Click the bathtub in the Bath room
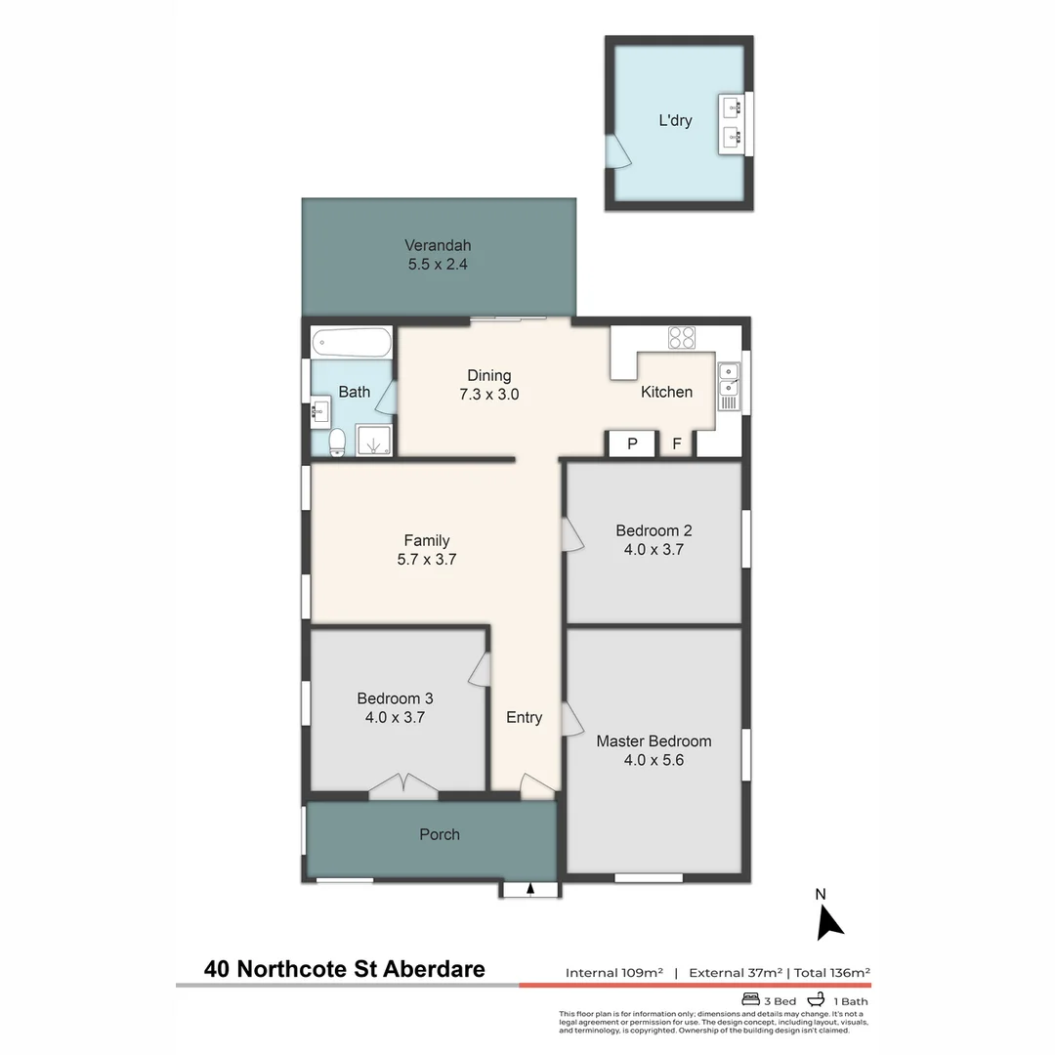pyautogui.click(x=352, y=343)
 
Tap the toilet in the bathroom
pyautogui.click(x=337, y=443)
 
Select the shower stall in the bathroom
pyautogui.click(x=374, y=441)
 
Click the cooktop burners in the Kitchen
pyautogui.click(x=682, y=338)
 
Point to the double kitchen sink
pyautogui.click(x=729, y=382)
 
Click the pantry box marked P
pyautogui.click(x=631, y=444)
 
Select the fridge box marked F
pyautogui.click(x=677, y=444)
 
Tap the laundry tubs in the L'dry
pyautogui.click(x=732, y=123)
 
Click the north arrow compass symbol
pyautogui.click(x=828, y=918)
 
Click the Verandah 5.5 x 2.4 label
pyautogui.click(x=438, y=254)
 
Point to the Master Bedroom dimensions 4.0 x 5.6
pyautogui.click(x=654, y=759)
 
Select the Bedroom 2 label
pyautogui.click(x=654, y=530)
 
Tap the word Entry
pyautogui.click(x=524, y=718)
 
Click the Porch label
pyautogui.click(x=439, y=834)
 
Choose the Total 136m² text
pyautogui.click(x=831, y=972)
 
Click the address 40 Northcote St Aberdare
pyautogui.click(x=344, y=970)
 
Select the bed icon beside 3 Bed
pyautogui.click(x=750, y=999)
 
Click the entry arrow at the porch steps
pyautogui.click(x=529, y=889)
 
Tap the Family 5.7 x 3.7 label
pyautogui.click(x=427, y=550)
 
